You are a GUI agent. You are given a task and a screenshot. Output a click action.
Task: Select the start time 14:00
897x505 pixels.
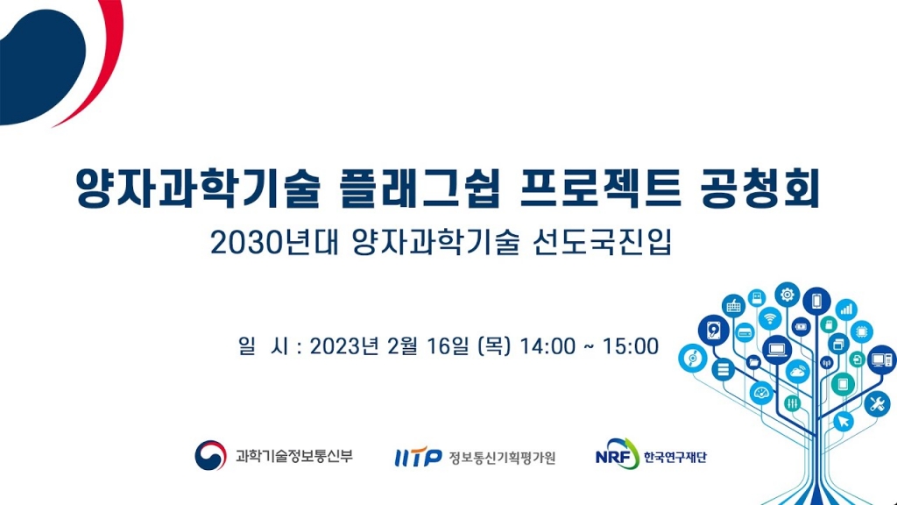pos(547,346)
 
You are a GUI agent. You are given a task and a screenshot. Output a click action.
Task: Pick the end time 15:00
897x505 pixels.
pos(628,346)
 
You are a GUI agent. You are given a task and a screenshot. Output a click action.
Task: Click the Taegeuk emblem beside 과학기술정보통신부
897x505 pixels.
pos(211,456)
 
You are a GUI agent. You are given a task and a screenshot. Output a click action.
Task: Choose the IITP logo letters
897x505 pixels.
pos(418,457)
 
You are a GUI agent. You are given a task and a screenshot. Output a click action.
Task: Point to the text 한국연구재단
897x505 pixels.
pos(675,457)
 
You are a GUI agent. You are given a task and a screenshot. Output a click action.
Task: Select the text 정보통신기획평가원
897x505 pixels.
pos(502,457)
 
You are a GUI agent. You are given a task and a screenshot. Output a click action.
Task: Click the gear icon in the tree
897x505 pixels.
pos(788,294)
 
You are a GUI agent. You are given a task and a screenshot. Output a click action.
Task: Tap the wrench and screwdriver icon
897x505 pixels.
pos(876,404)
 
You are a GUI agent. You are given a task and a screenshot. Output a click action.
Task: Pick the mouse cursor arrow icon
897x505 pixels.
pos(844,422)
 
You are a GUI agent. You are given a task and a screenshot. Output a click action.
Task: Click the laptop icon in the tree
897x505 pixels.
pos(777,350)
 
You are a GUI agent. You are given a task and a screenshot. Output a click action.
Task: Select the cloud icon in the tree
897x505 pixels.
pos(799,371)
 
